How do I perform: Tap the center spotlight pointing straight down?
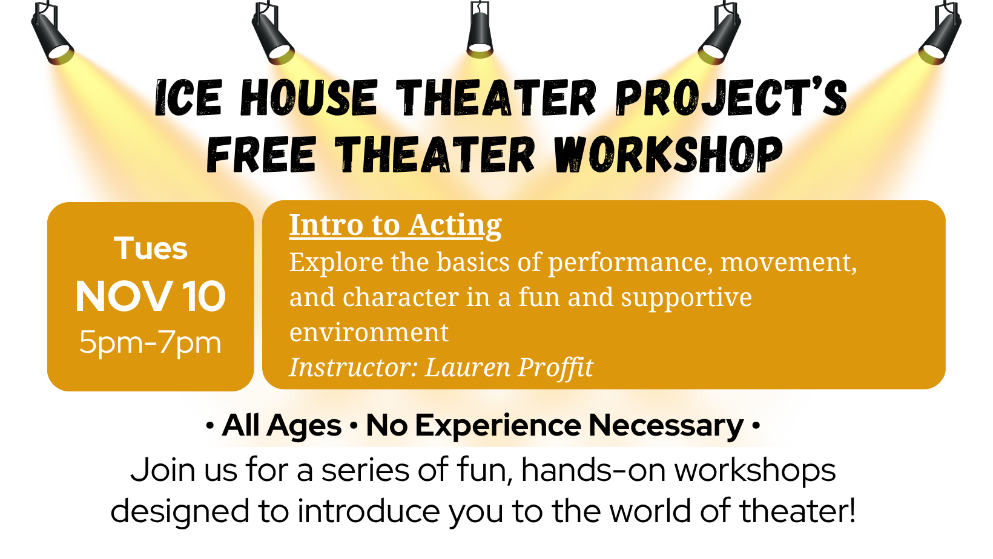[480, 30]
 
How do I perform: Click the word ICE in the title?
[188, 98]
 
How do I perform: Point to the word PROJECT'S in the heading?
[731, 98]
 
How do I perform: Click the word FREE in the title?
[262, 154]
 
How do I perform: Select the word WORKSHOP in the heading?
[668, 154]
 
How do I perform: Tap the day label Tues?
[151, 248]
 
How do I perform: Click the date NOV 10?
[150, 296]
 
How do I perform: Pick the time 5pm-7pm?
[150, 342]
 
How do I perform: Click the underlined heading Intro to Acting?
[395, 226]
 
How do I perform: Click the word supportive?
[686, 298]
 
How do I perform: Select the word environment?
[369, 332]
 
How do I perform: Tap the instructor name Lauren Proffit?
[509, 368]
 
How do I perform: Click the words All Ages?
[282, 426]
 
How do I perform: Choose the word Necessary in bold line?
[666, 426]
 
